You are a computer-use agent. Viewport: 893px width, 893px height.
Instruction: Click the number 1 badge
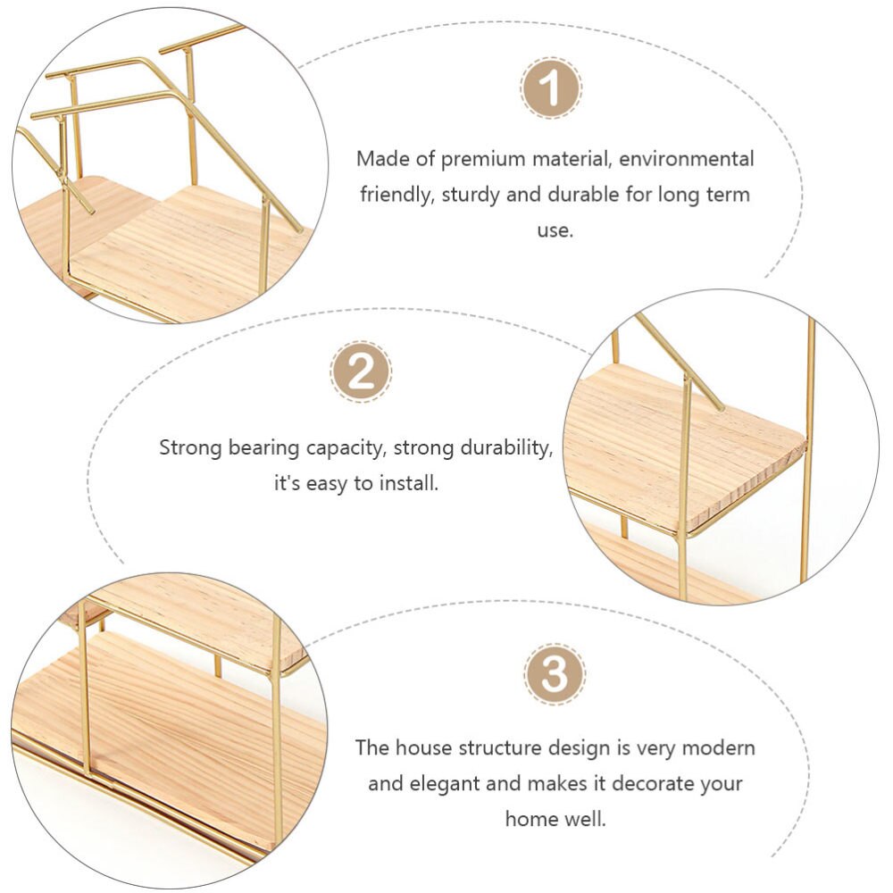[x=551, y=88]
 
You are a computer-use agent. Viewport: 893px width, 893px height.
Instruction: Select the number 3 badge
[x=555, y=673]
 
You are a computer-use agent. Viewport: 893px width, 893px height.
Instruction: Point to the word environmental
[x=687, y=159]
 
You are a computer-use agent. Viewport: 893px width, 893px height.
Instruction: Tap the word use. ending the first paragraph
[x=555, y=230]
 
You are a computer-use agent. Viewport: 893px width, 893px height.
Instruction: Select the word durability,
[x=507, y=447]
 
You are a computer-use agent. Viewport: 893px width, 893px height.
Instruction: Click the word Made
[x=378, y=159]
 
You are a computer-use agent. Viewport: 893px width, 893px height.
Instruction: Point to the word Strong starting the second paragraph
[x=188, y=447]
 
